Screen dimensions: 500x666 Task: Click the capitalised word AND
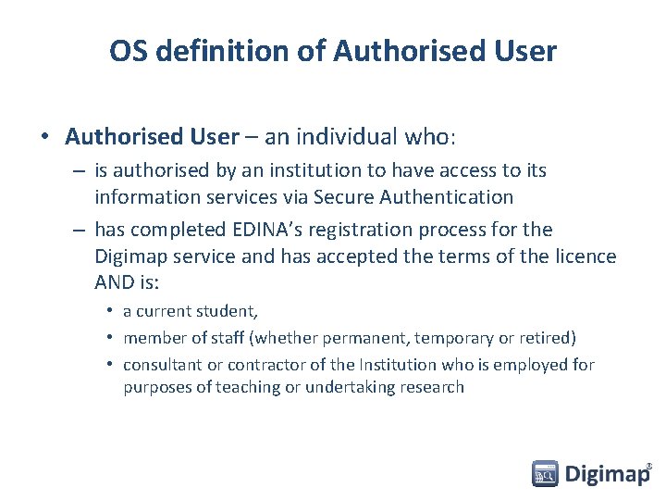pos(115,281)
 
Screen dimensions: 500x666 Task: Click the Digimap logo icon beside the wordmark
pos(545,474)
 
